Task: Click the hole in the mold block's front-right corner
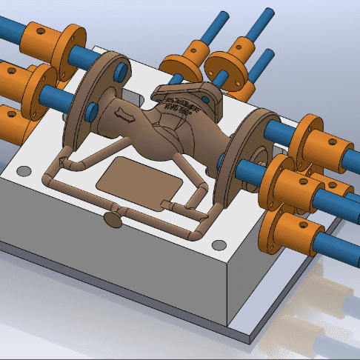tap(218, 245)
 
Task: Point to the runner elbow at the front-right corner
tap(194, 235)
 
